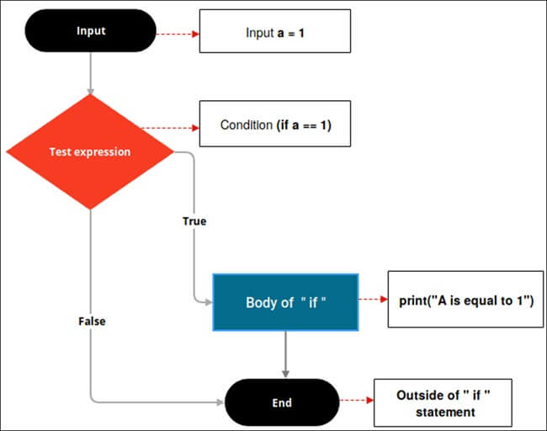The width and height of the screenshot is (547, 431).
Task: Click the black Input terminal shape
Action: click(90, 32)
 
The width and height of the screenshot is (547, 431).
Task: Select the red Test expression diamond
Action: click(90, 152)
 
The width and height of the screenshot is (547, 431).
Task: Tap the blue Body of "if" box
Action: click(285, 301)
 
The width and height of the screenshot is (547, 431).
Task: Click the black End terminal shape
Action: click(281, 402)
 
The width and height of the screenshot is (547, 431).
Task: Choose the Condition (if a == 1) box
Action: click(274, 125)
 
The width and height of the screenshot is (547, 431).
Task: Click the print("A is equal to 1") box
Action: click(465, 300)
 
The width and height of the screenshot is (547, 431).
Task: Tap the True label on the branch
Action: click(194, 221)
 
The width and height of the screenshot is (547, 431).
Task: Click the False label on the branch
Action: click(91, 321)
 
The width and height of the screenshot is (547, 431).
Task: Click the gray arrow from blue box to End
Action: click(286, 353)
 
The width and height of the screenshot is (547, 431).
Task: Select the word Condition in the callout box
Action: click(246, 125)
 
